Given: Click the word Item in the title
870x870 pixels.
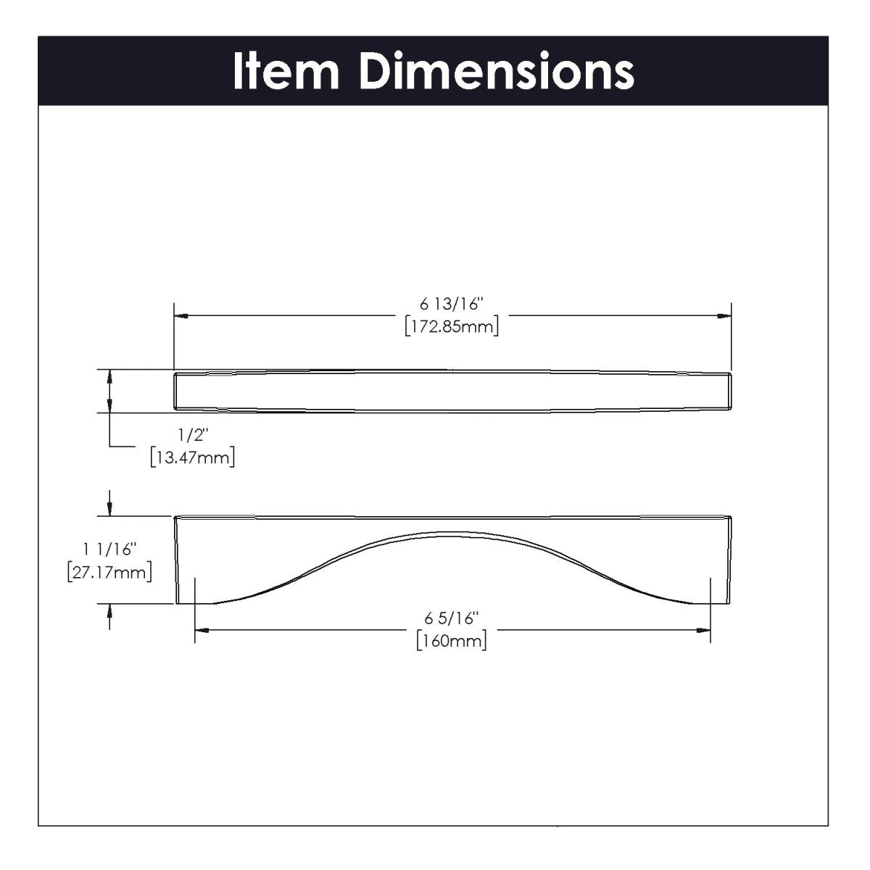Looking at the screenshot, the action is tap(286, 71).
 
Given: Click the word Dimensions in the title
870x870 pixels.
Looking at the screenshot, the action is tap(497, 71).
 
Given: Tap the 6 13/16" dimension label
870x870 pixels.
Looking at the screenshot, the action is tap(452, 304).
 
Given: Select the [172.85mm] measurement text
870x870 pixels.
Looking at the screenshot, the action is tap(452, 326).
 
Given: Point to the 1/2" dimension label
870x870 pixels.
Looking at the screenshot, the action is tap(194, 435).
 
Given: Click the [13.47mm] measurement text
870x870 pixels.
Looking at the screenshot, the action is tap(193, 457).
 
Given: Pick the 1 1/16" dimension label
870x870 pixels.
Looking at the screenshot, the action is tap(109, 550).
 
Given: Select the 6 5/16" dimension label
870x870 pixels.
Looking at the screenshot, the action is tap(452, 618).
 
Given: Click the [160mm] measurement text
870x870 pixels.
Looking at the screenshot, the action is tap(452, 640).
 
